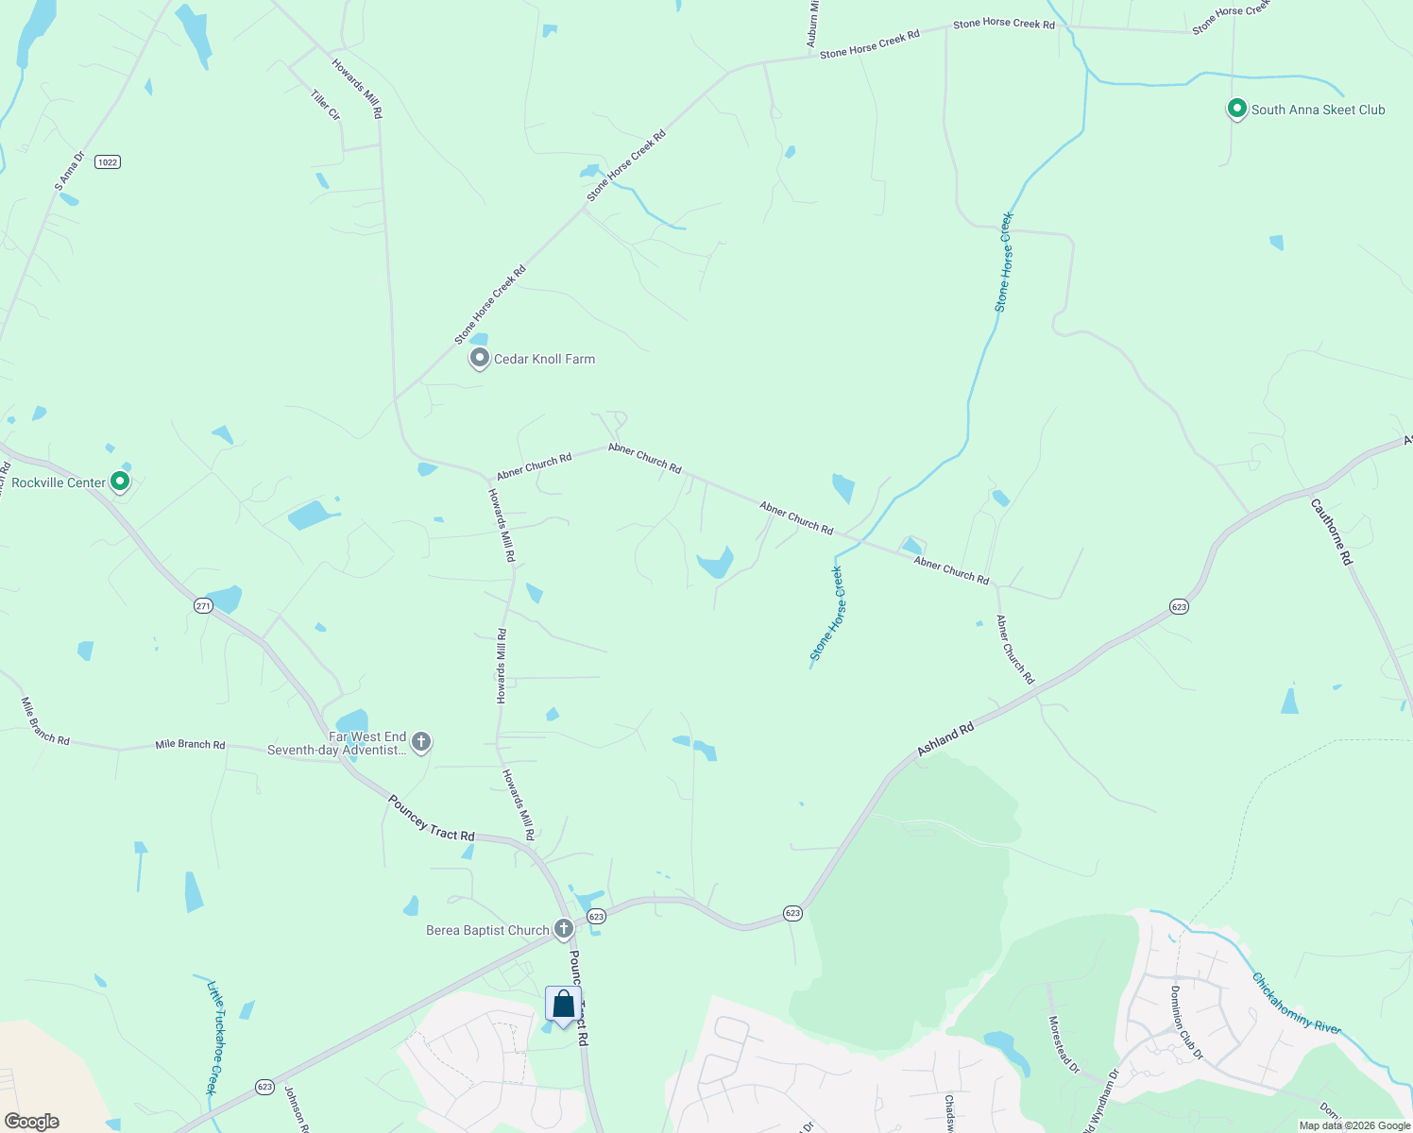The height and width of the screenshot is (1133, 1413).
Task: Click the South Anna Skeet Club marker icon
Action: (x=1236, y=109)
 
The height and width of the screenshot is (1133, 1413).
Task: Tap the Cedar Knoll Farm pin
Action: (x=480, y=358)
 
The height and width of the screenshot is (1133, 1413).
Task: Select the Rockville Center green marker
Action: (x=120, y=482)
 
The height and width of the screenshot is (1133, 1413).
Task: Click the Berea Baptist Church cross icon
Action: (x=563, y=929)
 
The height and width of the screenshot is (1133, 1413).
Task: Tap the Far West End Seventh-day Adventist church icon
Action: (x=421, y=742)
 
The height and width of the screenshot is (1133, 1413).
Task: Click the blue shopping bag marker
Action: (x=563, y=1005)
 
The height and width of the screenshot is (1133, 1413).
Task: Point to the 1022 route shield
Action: (x=108, y=162)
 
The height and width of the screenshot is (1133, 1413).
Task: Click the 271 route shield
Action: (x=203, y=605)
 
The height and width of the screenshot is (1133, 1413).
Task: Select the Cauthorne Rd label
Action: (x=1332, y=532)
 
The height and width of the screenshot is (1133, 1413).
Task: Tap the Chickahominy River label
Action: (x=1296, y=1003)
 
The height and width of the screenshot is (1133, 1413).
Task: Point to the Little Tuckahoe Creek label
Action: (x=216, y=1037)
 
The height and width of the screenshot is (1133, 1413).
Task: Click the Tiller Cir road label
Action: (x=325, y=104)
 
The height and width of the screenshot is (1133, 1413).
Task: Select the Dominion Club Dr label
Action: (x=1185, y=1022)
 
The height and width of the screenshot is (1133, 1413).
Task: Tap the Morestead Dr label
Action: (x=1064, y=1043)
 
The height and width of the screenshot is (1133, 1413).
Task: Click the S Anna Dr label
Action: (x=70, y=171)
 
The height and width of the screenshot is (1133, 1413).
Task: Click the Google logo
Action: (x=32, y=1121)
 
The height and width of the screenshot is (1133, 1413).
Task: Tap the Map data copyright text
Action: (x=1354, y=1125)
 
